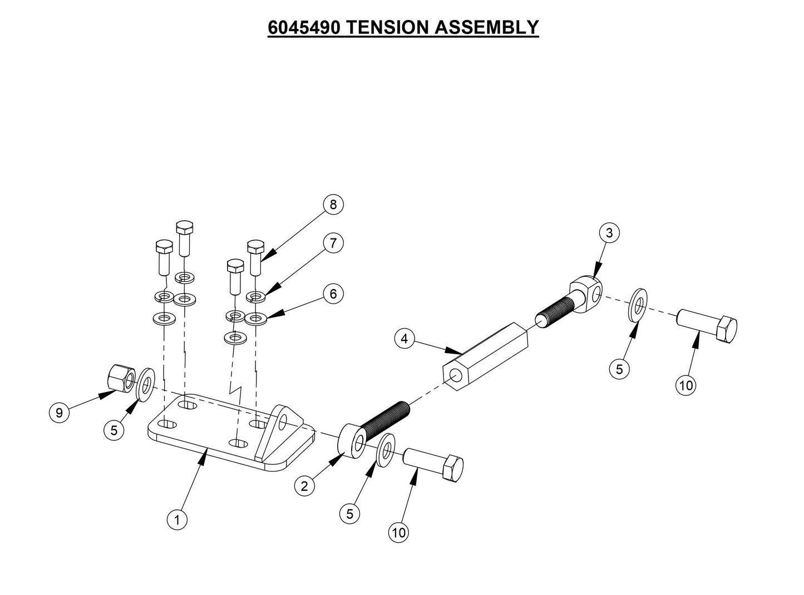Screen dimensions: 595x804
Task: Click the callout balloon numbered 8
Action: [x=333, y=205]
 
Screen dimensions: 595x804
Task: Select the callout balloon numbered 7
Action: [x=333, y=243]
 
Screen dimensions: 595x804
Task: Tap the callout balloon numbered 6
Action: [x=333, y=294]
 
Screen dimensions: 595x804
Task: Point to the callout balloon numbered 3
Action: [x=609, y=233]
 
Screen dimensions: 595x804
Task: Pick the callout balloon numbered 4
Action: [x=405, y=339]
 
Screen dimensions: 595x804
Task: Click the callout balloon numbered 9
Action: [x=58, y=413]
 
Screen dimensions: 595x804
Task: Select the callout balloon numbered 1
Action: [x=177, y=520]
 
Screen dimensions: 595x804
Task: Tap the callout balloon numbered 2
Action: [x=304, y=487]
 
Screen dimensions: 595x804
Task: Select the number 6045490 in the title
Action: [x=304, y=27]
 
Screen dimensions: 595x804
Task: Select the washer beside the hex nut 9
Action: [x=146, y=383]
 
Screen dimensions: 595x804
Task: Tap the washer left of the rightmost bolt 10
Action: [x=638, y=305]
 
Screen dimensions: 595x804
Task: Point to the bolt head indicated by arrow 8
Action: [x=255, y=246]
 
